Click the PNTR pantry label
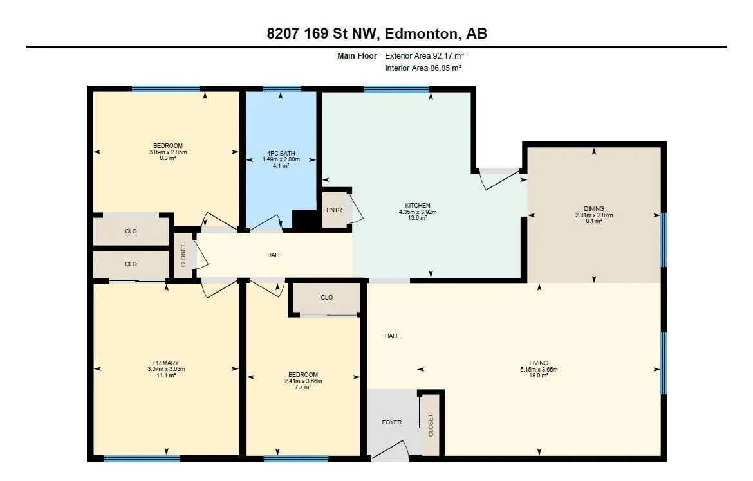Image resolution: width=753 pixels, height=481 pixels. pyautogui.click(x=334, y=210)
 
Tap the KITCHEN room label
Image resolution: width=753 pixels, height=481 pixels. pyautogui.click(x=418, y=206)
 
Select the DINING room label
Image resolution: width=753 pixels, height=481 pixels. pyautogui.click(x=594, y=209)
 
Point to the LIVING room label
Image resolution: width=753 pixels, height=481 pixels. pyautogui.click(x=539, y=363)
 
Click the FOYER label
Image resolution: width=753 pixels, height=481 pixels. pyautogui.click(x=392, y=422)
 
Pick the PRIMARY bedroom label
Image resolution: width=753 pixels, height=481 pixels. pyautogui.click(x=166, y=363)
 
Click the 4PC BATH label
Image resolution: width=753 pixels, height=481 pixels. pyautogui.click(x=281, y=154)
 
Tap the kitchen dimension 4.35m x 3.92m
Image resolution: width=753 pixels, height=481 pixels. pyautogui.click(x=418, y=212)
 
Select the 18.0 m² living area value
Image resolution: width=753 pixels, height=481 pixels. pyautogui.click(x=539, y=376)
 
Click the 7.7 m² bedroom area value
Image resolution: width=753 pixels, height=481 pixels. pyautogui.click(x=303, y=387)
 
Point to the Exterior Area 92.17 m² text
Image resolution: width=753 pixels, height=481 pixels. pyautogui.click(x=425, y=56)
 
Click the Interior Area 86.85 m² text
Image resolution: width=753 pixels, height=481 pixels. pyautogui.click(x=423, y=68)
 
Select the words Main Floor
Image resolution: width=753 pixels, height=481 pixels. pyautogui.click(x=357, y=56)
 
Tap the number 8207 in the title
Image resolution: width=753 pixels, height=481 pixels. pyautogui.click(x=283, y=33)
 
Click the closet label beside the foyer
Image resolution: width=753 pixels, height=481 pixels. pyautogui.click(x=431, y=425)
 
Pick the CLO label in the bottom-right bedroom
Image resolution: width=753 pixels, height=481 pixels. pyautogui.click(x=326, y=298)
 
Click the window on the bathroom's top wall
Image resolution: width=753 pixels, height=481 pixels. pyautogui.click(x=282, y=88)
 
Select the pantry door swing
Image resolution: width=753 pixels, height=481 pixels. pyautogui.click(x=356, y=208)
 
